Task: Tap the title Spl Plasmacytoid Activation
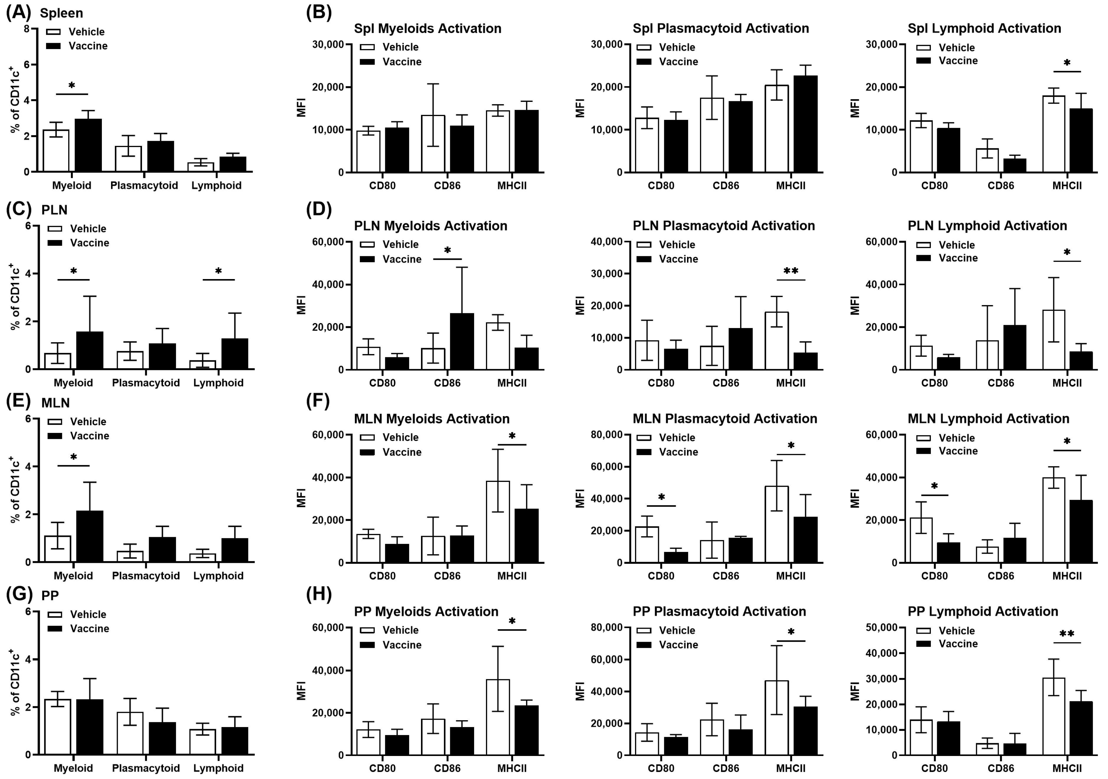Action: coord(720,28)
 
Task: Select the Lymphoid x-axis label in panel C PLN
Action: coord(218,383)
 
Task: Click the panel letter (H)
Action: coord(319,595)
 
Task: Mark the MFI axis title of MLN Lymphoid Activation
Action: coord(855,498)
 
